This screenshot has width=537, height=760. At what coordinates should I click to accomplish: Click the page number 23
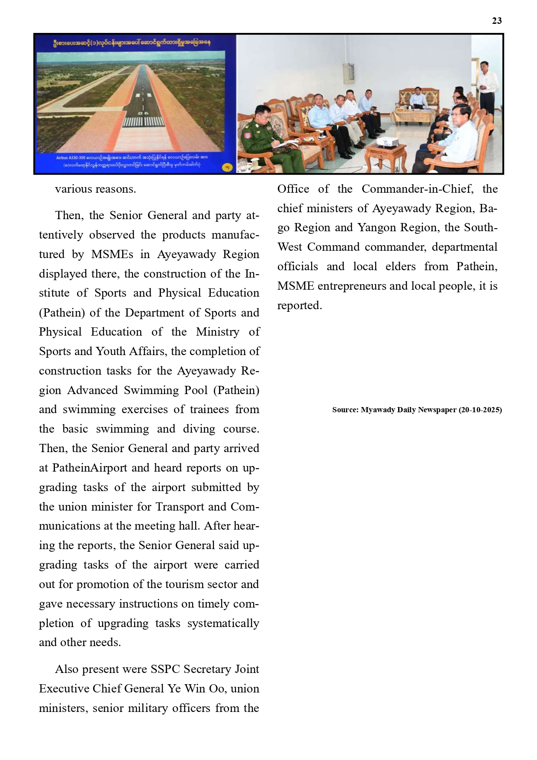497,21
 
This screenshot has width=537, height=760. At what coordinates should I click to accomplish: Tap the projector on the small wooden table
386,141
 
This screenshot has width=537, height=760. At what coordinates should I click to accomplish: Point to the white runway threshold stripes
143,121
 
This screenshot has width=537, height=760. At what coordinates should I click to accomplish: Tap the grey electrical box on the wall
348,72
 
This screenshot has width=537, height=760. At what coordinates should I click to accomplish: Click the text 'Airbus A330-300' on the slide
70,158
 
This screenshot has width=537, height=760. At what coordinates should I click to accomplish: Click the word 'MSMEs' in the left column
112,254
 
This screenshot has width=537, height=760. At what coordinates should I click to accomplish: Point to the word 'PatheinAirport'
90,468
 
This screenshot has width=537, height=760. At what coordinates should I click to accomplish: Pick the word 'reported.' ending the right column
299,305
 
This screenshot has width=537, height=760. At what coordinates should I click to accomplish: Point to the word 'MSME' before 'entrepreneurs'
296,286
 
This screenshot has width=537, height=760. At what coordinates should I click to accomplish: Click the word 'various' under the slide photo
73,189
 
